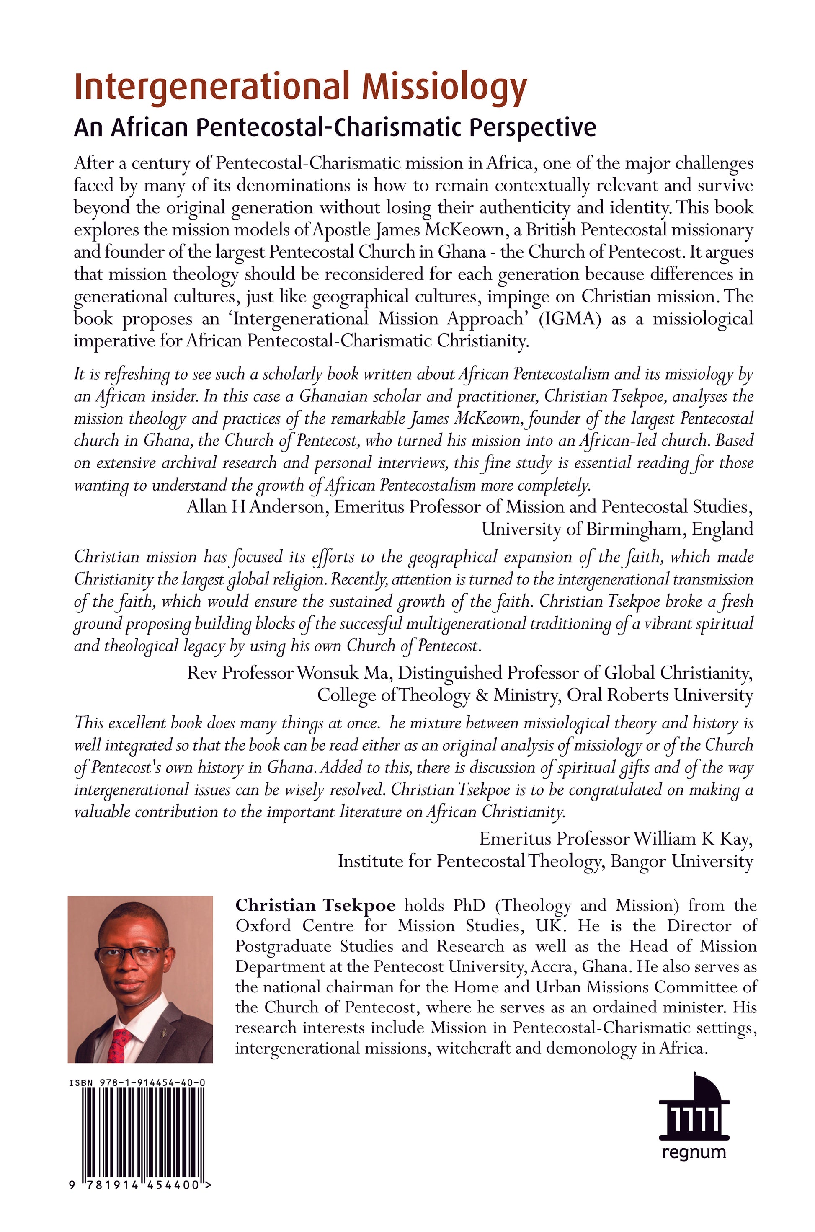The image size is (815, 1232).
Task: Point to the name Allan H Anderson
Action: [x=255, y=506]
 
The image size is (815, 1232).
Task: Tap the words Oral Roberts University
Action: [x=660, y=695]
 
